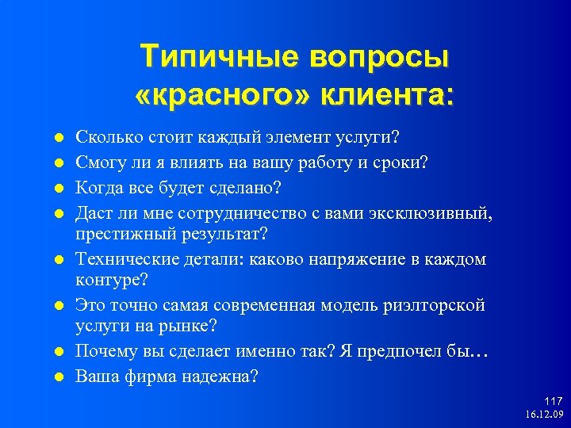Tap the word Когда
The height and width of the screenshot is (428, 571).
[x=98, y=187]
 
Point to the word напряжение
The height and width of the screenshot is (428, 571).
[x=345, y=259]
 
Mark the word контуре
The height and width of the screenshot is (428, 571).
[x=106, y=281]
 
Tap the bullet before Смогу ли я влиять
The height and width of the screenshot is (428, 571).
[x=57, y=163]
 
